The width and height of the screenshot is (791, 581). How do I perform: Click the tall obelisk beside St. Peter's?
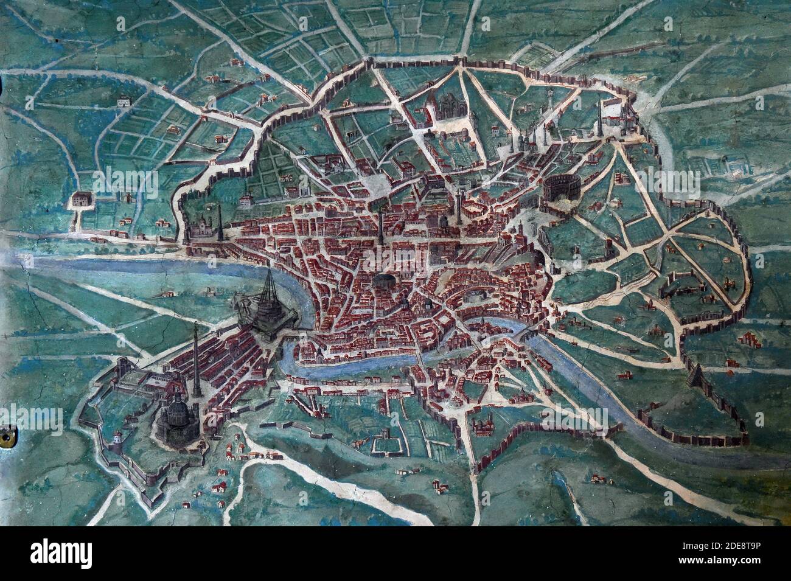click(x=196, y=365)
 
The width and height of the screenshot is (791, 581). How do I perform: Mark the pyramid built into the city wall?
click(x=694, y=378)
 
